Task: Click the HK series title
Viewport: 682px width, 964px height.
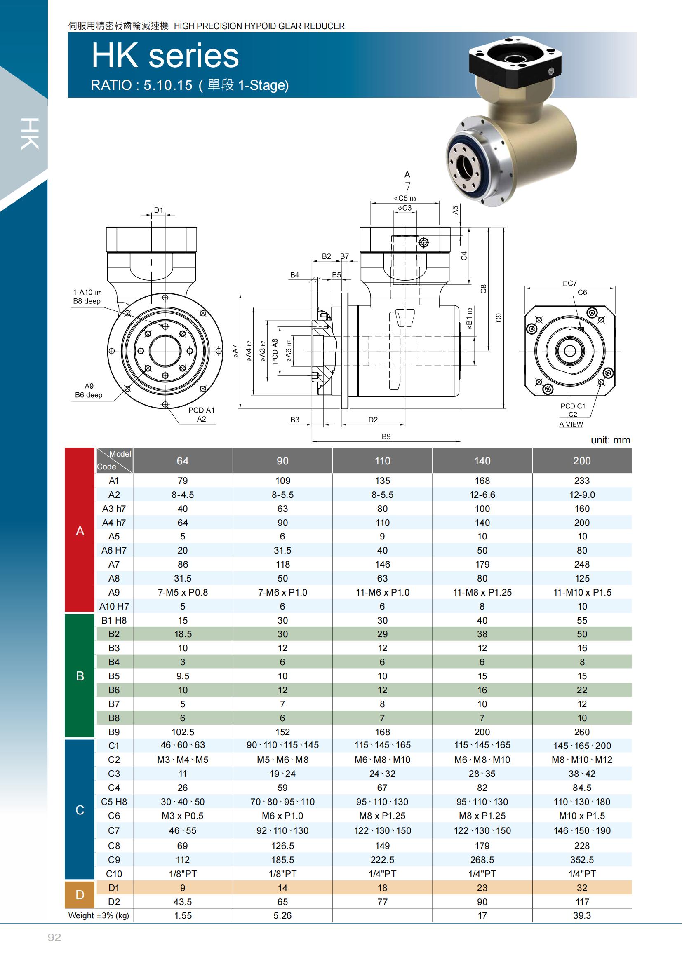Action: click(x=165, y=56)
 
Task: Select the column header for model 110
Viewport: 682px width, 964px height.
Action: click(x=382, y=461)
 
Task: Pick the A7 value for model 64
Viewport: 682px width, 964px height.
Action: click(x=183, y=564)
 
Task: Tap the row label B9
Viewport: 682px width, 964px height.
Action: click(x=114, y=732)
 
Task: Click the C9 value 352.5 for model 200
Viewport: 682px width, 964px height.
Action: click(x=582, y=860)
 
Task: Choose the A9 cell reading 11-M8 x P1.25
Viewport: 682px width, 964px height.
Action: click(x=482, y=592)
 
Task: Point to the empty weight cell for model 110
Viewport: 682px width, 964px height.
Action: click(x=382, y=916)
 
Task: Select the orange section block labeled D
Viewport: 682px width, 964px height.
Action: click(x=80, y=895)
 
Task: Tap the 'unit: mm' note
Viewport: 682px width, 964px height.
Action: click(x=610, y=440)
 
